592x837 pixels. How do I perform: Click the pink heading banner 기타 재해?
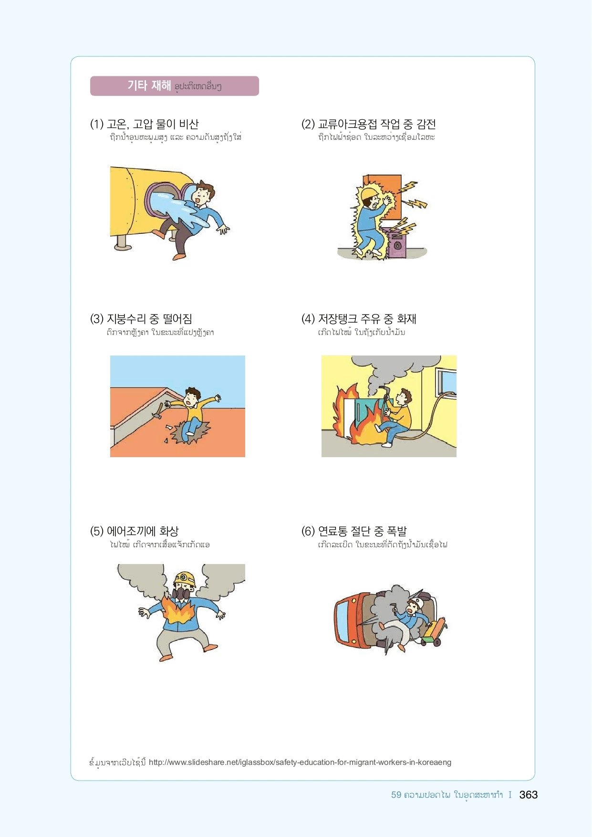[175, 86]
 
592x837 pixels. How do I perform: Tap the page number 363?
[528, 795]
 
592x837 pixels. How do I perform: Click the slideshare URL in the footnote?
[300, 762]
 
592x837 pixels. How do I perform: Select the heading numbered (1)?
[145, 124]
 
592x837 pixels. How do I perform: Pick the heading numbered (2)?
[369, 124]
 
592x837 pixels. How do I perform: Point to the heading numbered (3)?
[141, 319]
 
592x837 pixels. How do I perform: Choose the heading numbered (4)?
[359, 319]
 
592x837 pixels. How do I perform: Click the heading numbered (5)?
[135, 531]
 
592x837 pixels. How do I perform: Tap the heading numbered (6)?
[354, 531]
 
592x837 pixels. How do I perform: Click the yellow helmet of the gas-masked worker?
[185, 578]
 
